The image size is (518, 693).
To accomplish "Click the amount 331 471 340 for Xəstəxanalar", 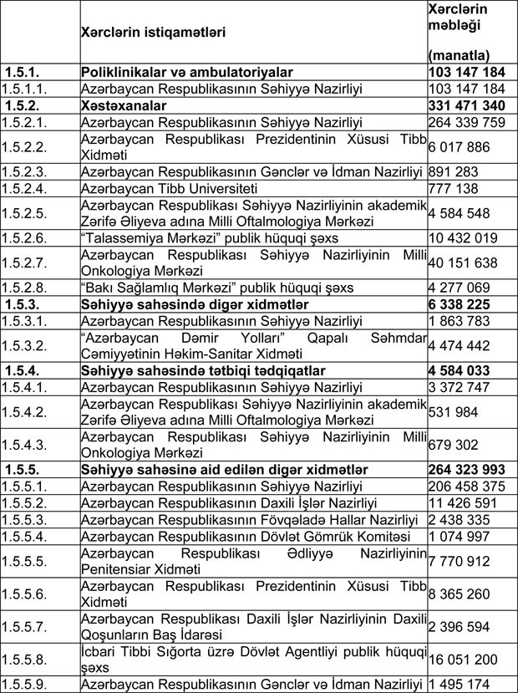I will (x=466, y=106).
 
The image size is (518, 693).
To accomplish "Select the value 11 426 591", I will (x=461, y=504).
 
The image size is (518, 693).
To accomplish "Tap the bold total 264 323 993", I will (x=466, y=470).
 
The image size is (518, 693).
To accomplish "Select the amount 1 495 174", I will (x=458, y=685).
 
